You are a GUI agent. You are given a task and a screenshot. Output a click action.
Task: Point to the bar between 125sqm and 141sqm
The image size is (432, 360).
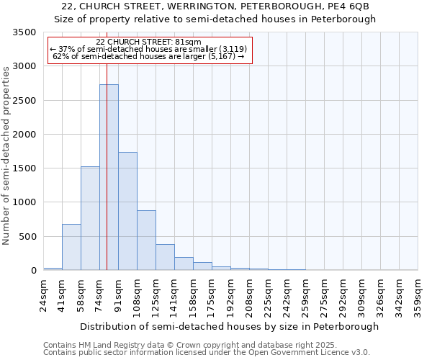[165, 257]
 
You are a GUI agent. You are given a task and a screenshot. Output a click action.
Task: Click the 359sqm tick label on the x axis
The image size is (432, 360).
[418, 297]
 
